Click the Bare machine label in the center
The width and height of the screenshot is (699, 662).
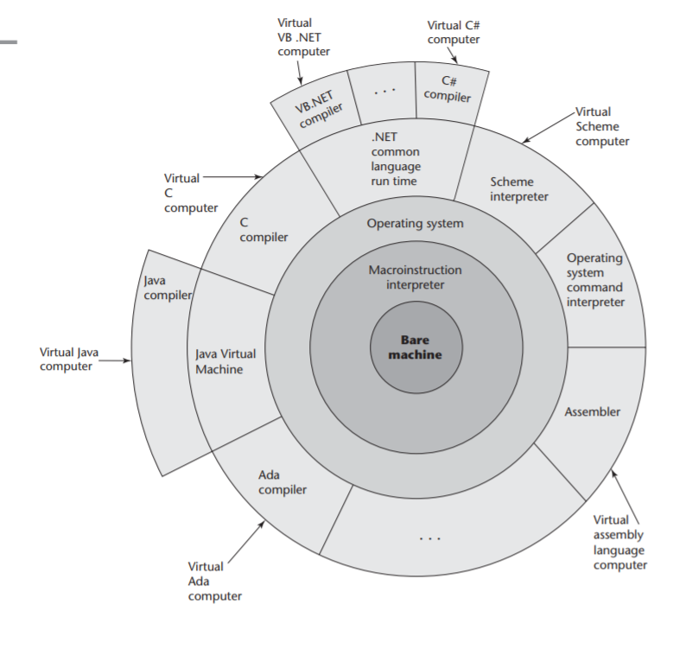pyautogui.click(x=409, y=347)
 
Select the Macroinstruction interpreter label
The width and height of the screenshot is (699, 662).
pyautogui.click(x=415, y=277)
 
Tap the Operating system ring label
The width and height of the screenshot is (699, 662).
pyautogui.click(x=415, y=224)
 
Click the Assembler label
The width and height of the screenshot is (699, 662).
pyautogui.click(x=592, y=412)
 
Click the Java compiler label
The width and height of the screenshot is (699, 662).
pyautogui.click(x=167, y=289)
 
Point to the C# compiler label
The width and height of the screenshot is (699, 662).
pyautogui.click(x=448, y=89)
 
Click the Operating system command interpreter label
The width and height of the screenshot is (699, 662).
pyautogui.click(x=595, y=280)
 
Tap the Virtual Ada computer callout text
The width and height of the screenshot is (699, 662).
pyautogui.click(x=214, y=581)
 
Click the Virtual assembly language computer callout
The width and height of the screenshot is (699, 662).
pyautogui.click(x=620, y=543)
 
